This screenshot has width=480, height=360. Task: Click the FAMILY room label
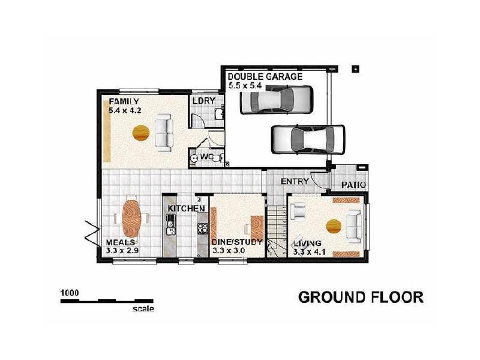[x=124, y=101]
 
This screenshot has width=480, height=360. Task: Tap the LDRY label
[x=203, y=101]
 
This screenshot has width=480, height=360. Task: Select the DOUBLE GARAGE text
[x=265, y=77]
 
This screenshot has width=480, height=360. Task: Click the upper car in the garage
[x=276, y=99]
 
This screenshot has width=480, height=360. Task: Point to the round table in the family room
[x=140, y=132]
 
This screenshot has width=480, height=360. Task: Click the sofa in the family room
[x=164, y=132]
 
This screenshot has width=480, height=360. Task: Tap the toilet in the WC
[x=195, y=157]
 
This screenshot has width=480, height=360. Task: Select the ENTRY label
[x=295, y=181]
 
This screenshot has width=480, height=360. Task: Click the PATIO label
[x=353, y=185]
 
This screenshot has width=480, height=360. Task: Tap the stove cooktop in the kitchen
[x=203, y=228]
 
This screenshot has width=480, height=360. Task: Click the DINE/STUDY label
[x=238, y=242]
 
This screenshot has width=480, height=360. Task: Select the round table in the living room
[x=334, y=226]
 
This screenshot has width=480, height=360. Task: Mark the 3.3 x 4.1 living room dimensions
[x=310, y=252]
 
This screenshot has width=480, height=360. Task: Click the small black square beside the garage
[x=355, y=68]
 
